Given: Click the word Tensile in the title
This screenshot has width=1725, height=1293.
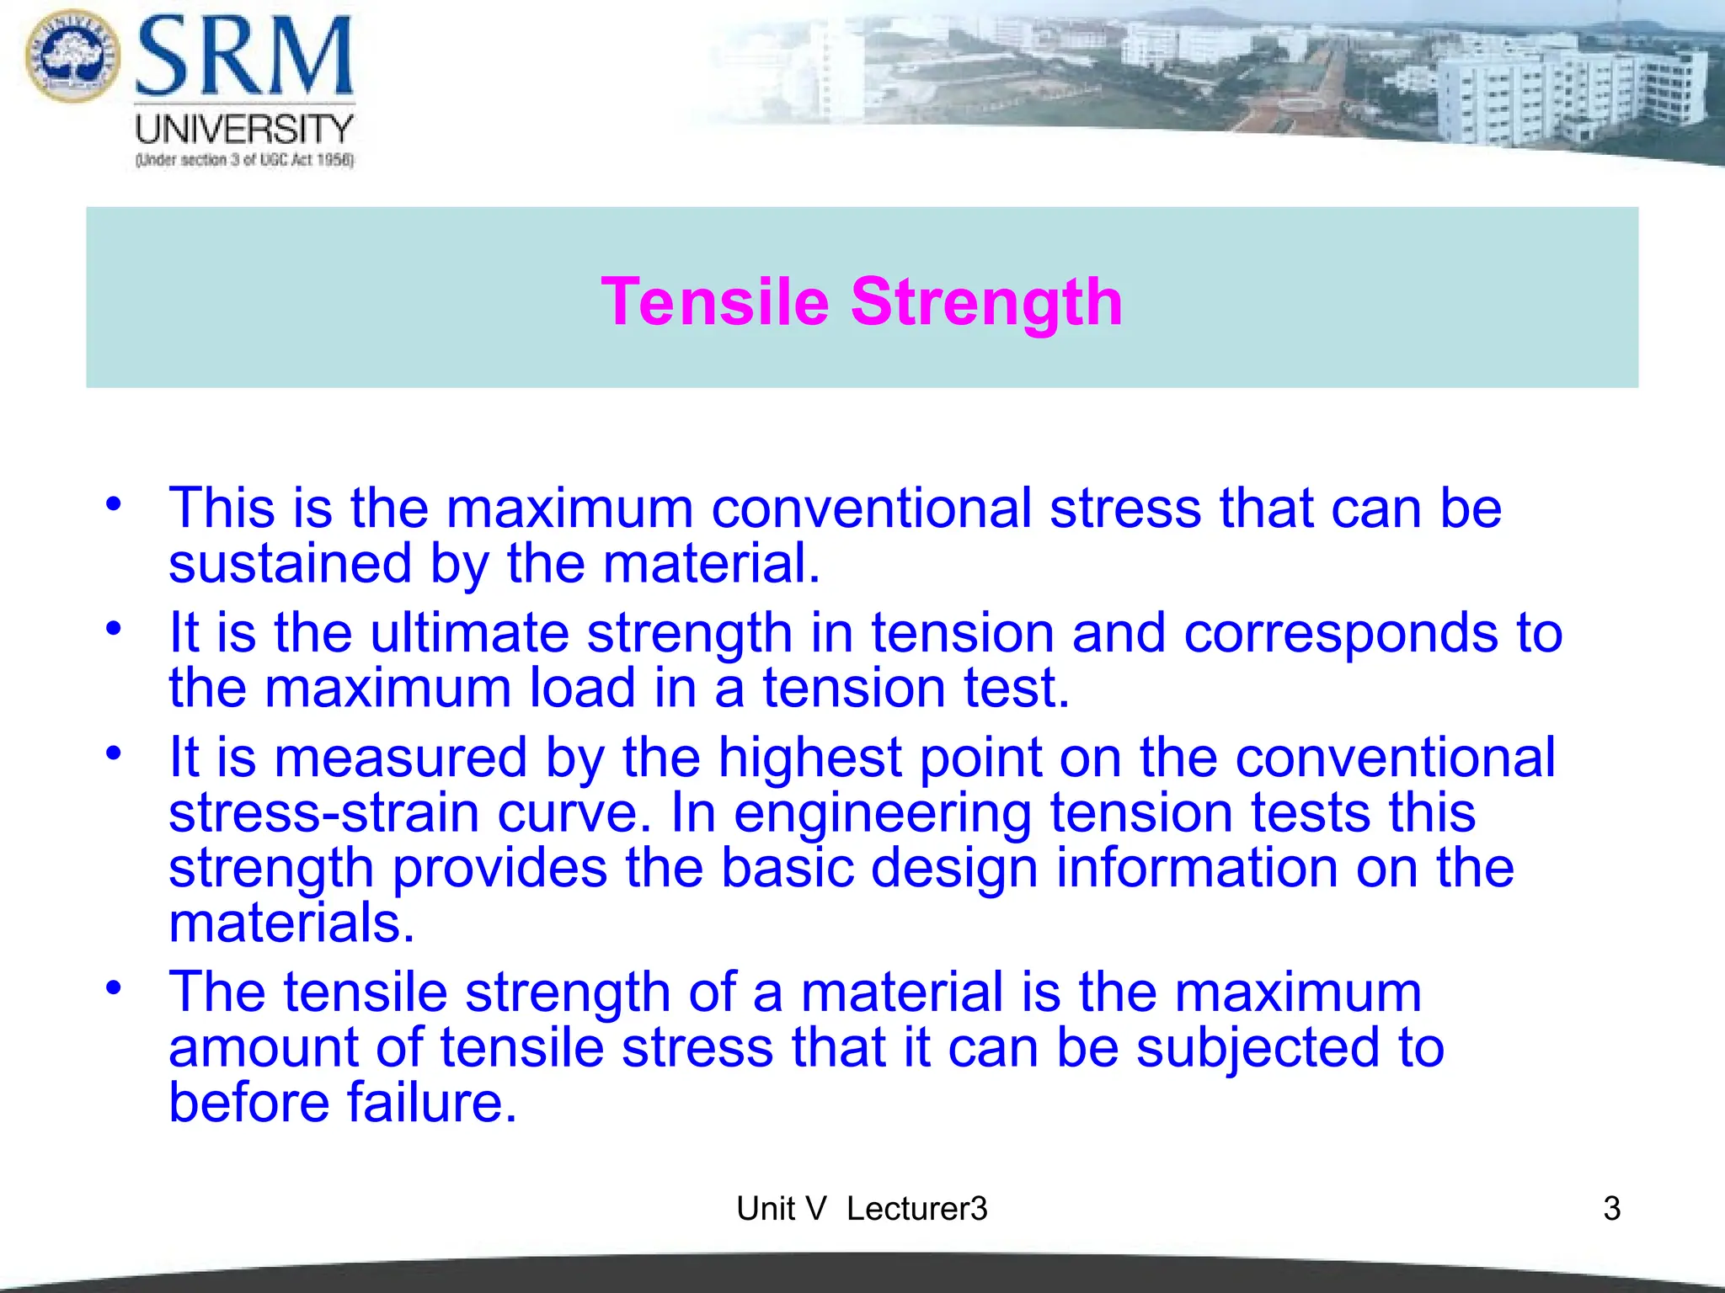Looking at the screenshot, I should pyautogui.click(x=715, y=301).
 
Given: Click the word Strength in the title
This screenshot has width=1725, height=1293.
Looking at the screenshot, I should pyautogui.click(x=986, y=301).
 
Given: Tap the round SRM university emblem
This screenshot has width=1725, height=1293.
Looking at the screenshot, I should pyautogui.click(x=73, y=56).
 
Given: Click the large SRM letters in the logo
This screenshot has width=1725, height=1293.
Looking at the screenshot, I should pyautogui.click(x=244, y=57).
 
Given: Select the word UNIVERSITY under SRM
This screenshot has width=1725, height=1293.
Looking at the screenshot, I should pyautogui.click(x=244, y=130).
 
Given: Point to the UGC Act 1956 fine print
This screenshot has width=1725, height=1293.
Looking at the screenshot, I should pyautogui.click(x=244, y=160).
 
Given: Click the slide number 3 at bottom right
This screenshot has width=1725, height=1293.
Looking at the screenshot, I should pyautogui.click(x=1611, y=1209).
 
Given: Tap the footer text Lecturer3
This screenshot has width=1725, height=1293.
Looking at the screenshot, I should pyautogui.click(x=916, y=1209).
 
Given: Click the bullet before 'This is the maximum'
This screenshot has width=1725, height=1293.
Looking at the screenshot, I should pyautogui.click(x=114, y=505).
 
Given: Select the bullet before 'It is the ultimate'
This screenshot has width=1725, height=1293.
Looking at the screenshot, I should pyautogui.click(x=114, y=629).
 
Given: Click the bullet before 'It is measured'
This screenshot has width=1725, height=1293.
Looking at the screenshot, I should pyautogui.click(x=114, y=753).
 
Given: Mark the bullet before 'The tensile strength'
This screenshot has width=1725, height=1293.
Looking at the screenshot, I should pyautogui.click(x=114, y=987).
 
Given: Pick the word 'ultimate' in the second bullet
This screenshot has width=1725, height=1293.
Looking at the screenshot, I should pyautogui.click(x=469, y=633).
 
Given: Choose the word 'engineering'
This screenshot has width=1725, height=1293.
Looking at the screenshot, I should pyautogui.click(x=882, y=813).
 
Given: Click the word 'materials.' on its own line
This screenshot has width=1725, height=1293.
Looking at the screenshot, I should pyautogui.click(x=291, y=923).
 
